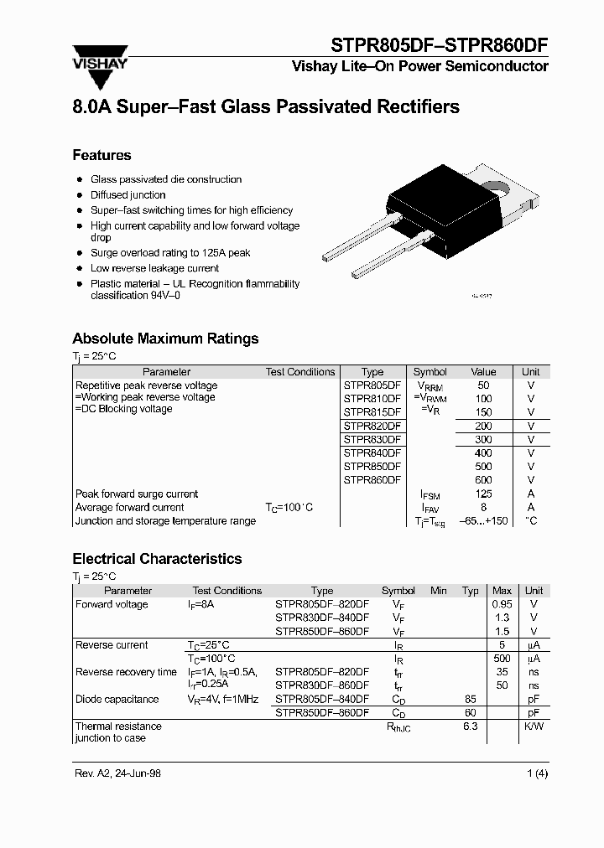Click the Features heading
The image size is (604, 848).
coord(102,155)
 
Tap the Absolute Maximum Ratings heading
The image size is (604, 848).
coord(165,339)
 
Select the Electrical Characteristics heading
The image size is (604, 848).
coord(157,559)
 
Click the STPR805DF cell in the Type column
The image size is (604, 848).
coord(372,385)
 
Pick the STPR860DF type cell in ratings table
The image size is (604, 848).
coord(372,480)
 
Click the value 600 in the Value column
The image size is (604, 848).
coord(483,480)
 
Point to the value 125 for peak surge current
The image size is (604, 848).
coord(483,494)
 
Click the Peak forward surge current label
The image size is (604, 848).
coord(137,494)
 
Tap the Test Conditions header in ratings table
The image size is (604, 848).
coord(299,372)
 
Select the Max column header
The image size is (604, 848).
coord(502,591)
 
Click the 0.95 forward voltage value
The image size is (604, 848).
coord(502,604)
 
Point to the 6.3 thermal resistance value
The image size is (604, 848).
coord(470,726)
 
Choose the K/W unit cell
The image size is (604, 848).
coord(534,726)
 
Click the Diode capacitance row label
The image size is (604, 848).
coord(117,699)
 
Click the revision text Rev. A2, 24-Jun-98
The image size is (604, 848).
coord(118,773)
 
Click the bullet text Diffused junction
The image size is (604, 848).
coord(128,195)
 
